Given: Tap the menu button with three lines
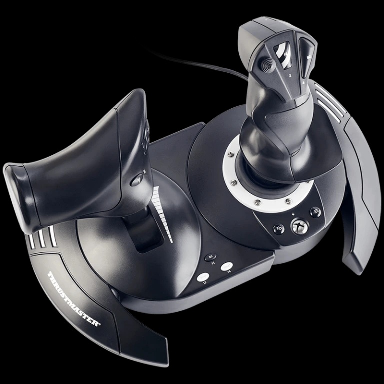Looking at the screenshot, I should [315, 212].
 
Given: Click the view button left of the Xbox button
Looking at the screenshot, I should [279, 229].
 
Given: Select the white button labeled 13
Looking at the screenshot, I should [203, 277].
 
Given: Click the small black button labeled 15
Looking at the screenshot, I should [210, 258].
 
